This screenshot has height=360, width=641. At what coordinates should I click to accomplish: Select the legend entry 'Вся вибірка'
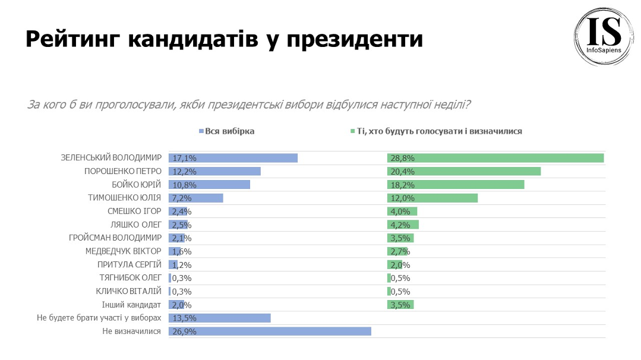(229, 131)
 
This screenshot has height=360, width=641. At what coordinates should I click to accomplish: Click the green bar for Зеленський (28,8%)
(495, 158)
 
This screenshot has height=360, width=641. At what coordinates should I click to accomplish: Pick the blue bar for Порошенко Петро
(214, 171)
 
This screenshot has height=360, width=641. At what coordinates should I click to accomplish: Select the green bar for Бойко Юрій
(455, 185)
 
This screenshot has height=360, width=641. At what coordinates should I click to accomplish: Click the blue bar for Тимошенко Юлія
(195, 198)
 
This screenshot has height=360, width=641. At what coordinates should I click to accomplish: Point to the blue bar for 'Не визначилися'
(270, 331)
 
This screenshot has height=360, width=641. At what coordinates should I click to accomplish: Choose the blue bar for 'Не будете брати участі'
(219, 318)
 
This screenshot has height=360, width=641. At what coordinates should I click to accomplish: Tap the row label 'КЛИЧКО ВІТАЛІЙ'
(128, 291)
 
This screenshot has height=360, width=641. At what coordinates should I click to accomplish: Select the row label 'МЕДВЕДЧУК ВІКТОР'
(124, 251)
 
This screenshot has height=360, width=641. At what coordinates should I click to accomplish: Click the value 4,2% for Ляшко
(400, 225)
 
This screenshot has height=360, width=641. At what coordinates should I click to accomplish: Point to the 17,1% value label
(184, 158)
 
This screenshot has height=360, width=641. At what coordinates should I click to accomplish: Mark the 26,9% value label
(184, 331)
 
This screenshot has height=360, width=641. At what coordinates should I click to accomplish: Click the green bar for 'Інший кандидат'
(400, 305)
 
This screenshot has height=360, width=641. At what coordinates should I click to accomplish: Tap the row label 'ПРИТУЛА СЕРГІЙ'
(130, 264)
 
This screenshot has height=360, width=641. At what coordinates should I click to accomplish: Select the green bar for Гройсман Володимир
(400, 238)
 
